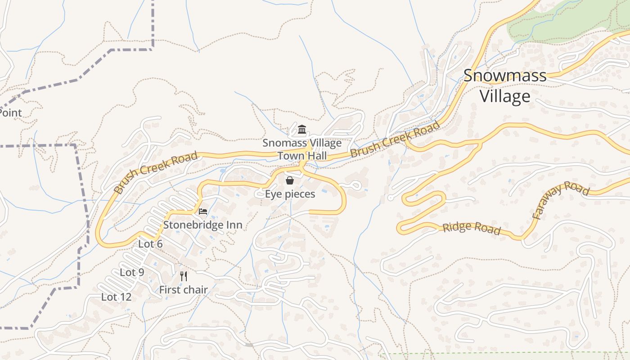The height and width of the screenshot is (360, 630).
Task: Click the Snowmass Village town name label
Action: [x=505, y=85]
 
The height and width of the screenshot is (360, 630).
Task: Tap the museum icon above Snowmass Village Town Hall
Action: [x=302, y=130]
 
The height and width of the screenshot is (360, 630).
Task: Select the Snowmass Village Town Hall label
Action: [x=302, y=149]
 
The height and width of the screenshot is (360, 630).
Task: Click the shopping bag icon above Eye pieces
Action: [x=290, y=180]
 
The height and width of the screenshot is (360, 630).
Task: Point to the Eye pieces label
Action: [x=290, y=194]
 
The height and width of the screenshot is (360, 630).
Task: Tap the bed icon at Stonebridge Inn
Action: [x=203, y=211]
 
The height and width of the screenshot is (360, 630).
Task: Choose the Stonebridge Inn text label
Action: [x=202, y=225]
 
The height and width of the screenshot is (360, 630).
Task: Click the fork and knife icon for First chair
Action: [x=183, y=276]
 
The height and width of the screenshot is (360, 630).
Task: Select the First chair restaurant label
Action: [x=183, y=290]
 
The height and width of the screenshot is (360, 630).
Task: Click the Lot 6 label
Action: [x=150, y=244]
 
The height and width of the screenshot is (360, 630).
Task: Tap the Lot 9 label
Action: [x=132, y=272]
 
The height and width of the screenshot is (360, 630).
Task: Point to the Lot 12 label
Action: [x=116, y=297]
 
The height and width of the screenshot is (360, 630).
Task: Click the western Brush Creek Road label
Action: [x=155, y=172]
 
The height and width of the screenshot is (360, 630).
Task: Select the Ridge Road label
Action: [x=471, y=228]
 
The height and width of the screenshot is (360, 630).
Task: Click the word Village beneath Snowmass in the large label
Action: [x=505, y=96]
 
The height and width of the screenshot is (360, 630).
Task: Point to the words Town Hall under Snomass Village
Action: [x=302, y=156]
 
